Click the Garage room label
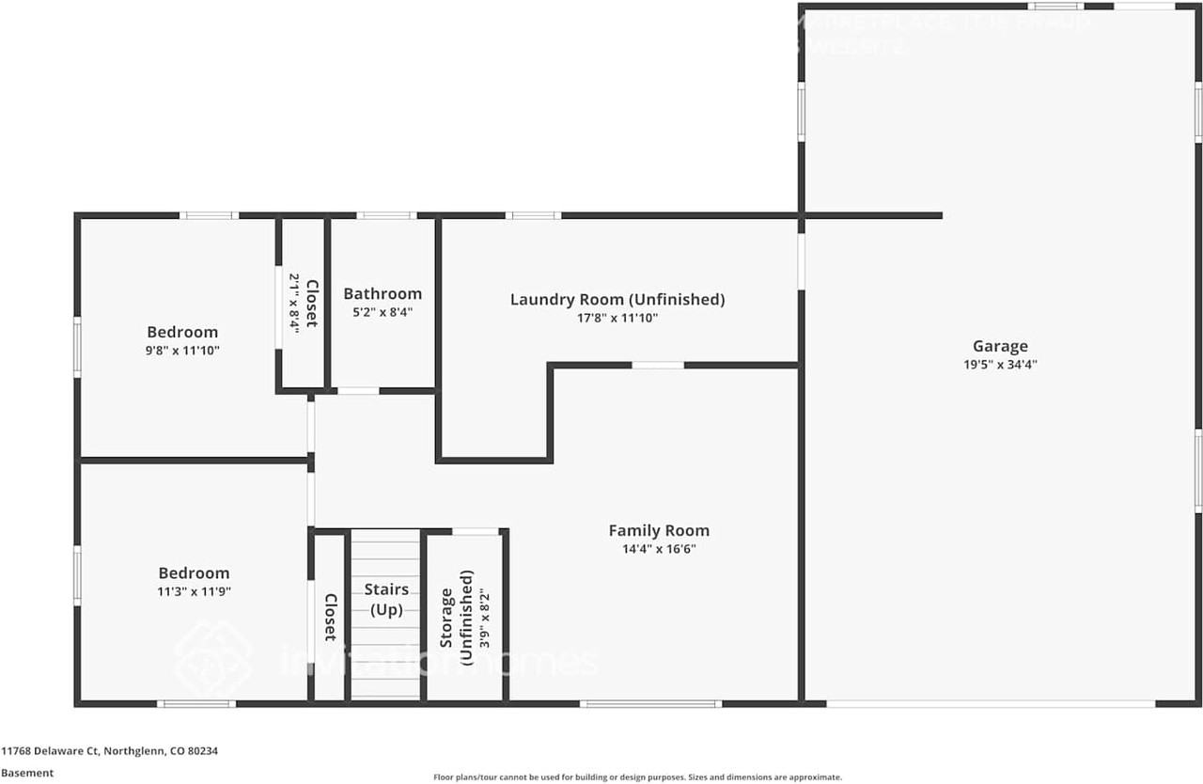click(x=1000, y=346)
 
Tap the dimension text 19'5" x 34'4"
click(x=1000, y=365)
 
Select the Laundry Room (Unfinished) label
click(x=617, y=299)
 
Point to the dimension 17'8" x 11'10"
click(x=617, y=318)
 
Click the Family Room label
click(x=659, y=530)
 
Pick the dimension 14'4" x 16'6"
click(x=659, y=549)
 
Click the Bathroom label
click(x=383, y=293)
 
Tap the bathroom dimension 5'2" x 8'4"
click(x=383, y=312)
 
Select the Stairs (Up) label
click(x=386, y=599)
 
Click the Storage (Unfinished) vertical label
click(x=456, y=618)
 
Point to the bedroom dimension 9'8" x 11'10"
click(x=182, y=350)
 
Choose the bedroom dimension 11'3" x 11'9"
click(x=194, y=591)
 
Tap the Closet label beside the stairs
click(x=330, y=618)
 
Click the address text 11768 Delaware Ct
click(x=109, y=751)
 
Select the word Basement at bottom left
click(x=27, y=773)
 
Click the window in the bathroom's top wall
click(x=386, y=215)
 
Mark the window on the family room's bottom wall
click(x=650, y=703)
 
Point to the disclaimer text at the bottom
click(x=637, y=777)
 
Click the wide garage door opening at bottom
click(x=991, y=703)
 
